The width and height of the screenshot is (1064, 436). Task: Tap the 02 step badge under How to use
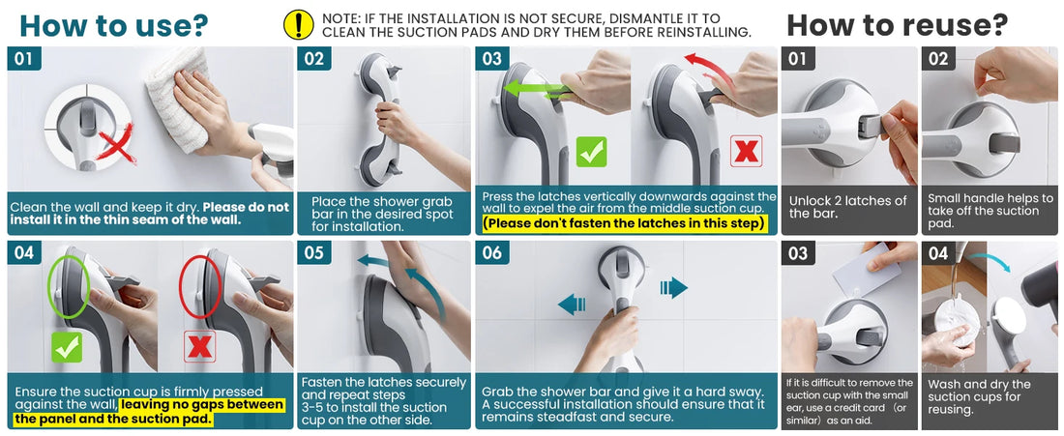[314, 59]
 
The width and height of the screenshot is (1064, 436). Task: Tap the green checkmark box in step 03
[591, 151]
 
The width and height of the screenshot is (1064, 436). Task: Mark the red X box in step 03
[746, 151]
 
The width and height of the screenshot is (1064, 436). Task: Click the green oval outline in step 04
[69, 288]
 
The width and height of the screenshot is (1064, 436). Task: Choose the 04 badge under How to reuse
[938, 254]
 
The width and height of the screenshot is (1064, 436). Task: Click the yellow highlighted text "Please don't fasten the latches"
[625, 224]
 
